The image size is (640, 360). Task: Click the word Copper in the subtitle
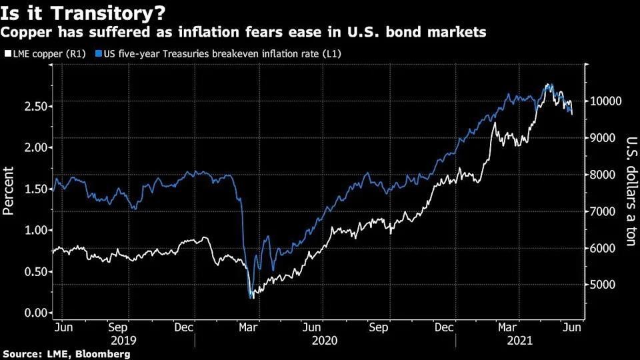(24, 31)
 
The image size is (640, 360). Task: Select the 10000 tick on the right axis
(605, 101)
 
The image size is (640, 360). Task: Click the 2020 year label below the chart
(325, 339)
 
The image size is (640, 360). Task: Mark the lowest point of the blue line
(250, 297)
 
